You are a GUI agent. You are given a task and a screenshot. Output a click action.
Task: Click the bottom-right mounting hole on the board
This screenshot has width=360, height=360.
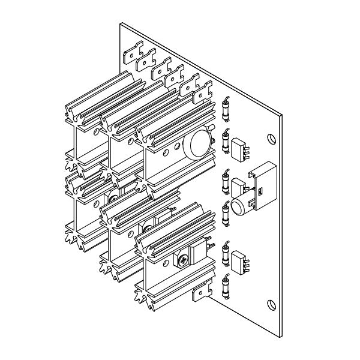pyautogui.click(x=269, y=305)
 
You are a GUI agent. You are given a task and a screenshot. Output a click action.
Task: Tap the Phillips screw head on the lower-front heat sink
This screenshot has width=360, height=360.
pyautogui.click(x=182, y=260)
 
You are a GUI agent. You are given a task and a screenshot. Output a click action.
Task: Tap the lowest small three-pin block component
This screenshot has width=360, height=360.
pyautogui.click(x=239, y=262)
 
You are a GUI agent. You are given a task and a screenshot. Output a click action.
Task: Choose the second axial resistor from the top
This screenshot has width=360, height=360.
pyautogui.click(x=226, y=142)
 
